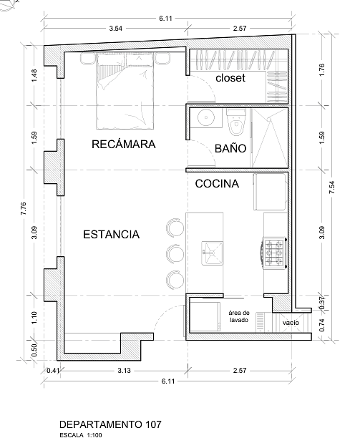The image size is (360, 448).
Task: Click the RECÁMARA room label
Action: coord(123,144)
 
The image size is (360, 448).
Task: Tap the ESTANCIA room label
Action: coord(111,235)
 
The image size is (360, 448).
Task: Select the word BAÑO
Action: coord(230,148)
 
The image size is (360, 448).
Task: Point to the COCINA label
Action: coord(217,183)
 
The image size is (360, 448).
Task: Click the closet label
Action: coord(230,78)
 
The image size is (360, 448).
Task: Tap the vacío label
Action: coord(291,323)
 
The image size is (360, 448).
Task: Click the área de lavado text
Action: coord(239,316)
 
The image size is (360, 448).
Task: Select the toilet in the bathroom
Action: coord(236,122)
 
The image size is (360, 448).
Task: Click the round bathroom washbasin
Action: coord(206,117)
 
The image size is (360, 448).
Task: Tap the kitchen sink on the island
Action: coord(213,253)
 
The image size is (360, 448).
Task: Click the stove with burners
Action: coord(274,253)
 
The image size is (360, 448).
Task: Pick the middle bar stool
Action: coord(175,254)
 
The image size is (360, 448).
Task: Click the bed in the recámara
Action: coord(125,91)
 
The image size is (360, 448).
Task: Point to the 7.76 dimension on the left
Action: coord(24,208)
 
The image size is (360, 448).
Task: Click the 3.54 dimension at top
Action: coord(116,29)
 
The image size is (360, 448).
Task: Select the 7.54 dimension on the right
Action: coord(332,188)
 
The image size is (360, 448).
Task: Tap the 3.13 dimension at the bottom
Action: coord(125,371)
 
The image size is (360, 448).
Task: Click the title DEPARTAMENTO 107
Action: coord(110,424)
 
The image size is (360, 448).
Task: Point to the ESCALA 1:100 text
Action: coord(81,435)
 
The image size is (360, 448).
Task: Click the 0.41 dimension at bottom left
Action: coord(53,371)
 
